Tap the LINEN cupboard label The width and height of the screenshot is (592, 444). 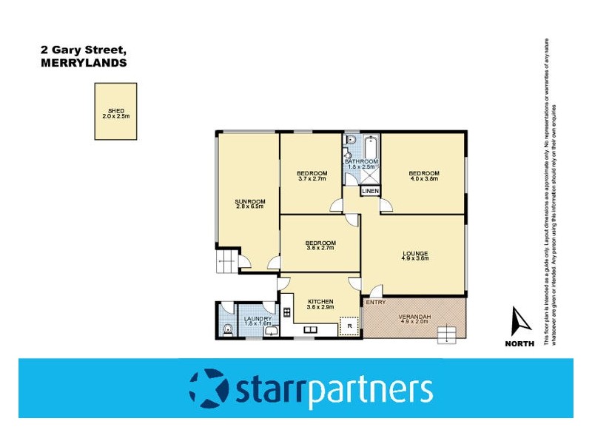(370, 192)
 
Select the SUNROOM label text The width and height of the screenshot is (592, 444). (250, 201)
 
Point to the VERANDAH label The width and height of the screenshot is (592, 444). (414, 317)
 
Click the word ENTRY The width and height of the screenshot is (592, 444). (375, 302)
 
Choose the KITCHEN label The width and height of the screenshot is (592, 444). (320, 301)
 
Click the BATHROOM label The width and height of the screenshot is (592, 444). (361, 161)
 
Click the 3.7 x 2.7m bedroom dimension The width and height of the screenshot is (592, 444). (312, 178)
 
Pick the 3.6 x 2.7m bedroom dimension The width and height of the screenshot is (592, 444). (320, 248)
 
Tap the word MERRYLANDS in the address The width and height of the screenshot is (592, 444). (83, 63)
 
